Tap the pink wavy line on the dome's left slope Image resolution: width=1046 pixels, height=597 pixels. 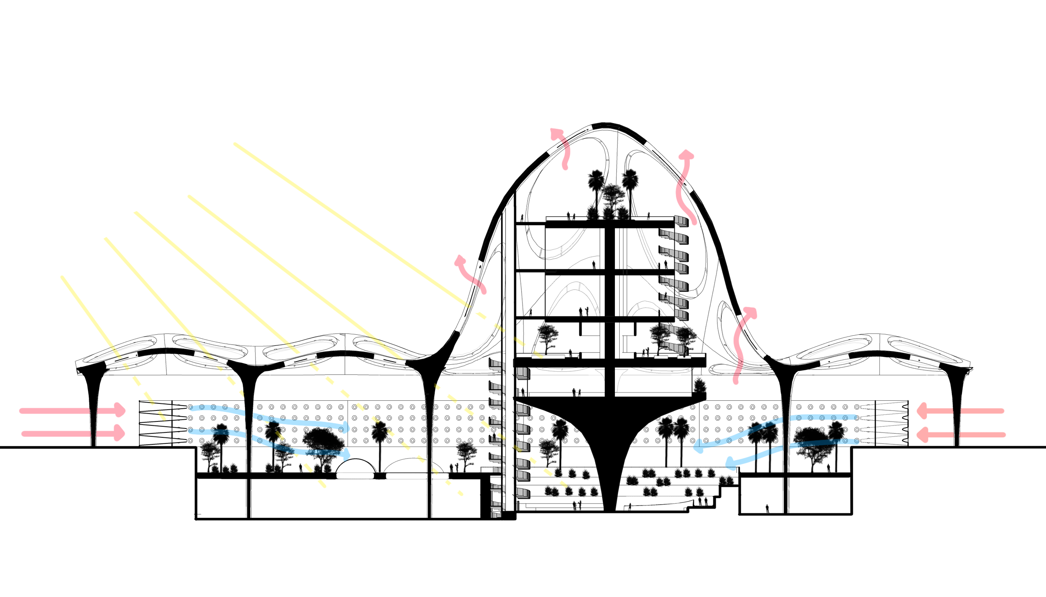(x=482, y=286)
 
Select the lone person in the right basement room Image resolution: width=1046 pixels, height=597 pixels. (x=767, y=508)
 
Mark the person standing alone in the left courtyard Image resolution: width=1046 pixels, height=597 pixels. (x=301, y=468)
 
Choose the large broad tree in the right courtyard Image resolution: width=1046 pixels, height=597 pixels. (x=812, y=444)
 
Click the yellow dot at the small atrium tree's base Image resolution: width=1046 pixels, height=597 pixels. (x=547, y=470)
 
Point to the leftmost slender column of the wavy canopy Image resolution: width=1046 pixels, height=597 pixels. (x=94, y=409)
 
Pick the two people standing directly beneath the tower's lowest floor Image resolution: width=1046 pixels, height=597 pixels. (x=576, y=392)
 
